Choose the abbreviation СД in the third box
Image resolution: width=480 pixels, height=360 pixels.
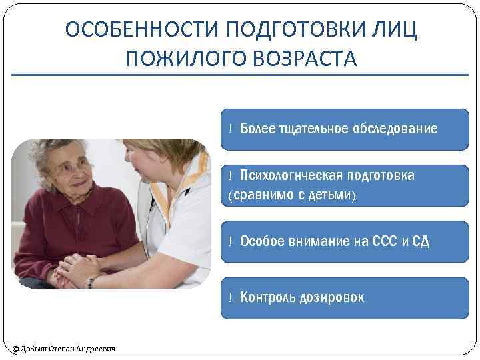point(421,241)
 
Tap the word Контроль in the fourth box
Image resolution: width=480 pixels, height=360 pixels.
point(265,297)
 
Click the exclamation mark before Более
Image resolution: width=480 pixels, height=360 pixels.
point(230,129)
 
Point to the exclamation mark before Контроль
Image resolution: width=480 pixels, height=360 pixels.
point(230,297)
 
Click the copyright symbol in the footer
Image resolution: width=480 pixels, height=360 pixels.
point(16,349)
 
